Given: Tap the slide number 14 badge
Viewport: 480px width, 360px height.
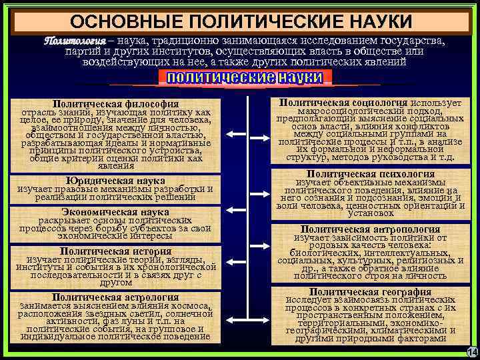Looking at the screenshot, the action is coord(471,352).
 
